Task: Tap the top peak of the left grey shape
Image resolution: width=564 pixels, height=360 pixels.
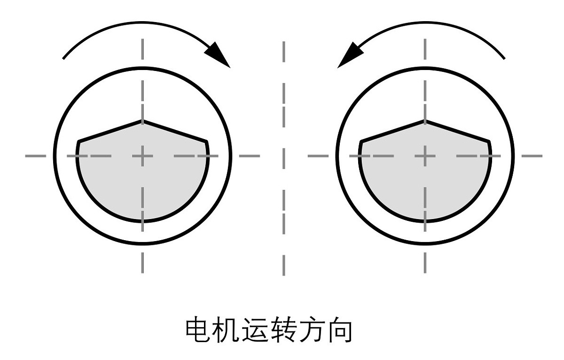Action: tap(142, 121)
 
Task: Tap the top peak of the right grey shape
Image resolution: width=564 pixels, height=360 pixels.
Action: tap(425, 121)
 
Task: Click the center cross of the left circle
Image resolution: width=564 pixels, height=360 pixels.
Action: tap(142, 156)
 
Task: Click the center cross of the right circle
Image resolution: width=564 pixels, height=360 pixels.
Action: tap(425, 156)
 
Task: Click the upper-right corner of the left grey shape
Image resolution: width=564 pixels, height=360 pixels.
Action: tap(206, 141)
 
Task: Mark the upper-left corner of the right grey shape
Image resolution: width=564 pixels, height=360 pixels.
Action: tap(361, 141)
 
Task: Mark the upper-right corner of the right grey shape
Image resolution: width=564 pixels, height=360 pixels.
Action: tap(489, 141)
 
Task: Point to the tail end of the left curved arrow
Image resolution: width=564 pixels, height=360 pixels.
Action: tap(63, 59)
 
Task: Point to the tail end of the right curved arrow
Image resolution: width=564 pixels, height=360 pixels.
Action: tap(505, 59)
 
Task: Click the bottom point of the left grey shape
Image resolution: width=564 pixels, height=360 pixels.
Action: tap(142, 221)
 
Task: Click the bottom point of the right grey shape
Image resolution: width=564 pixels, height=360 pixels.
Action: tap(425, 221)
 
